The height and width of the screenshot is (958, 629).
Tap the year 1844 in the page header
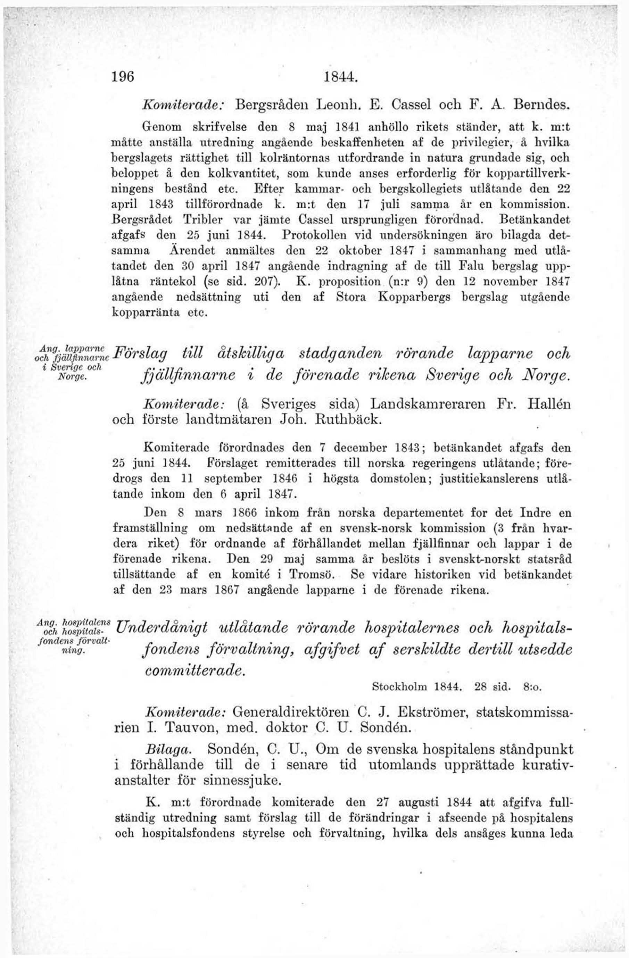pos(341,76)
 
